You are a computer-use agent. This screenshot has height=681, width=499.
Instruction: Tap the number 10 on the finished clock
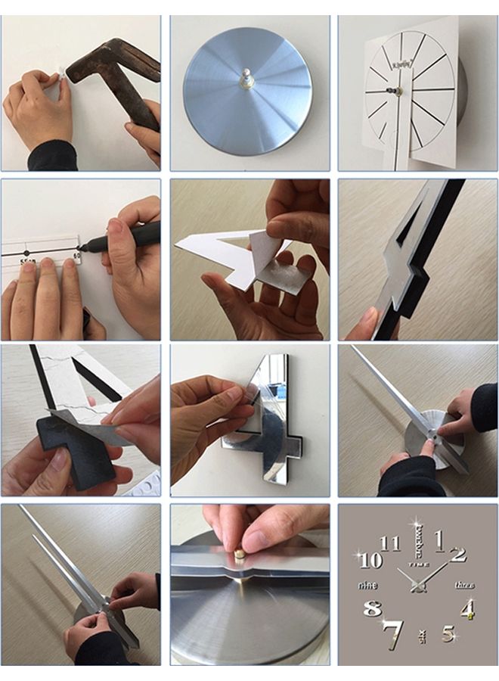click(370, 561)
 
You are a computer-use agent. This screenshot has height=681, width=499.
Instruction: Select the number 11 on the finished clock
click(390, 543)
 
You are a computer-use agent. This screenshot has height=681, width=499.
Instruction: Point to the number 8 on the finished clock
click(372, 608)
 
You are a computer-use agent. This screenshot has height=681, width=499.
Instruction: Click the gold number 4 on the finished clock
click(468, 608)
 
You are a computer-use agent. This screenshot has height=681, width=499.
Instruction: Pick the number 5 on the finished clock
click(448, 633)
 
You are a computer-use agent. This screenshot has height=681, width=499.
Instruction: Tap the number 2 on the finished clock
click(458, 555)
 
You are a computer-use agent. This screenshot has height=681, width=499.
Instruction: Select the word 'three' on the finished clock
click(464, 585)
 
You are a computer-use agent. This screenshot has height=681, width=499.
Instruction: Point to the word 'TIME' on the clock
click(418, 564)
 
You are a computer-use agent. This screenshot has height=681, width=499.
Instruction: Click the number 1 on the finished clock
click(439, 540)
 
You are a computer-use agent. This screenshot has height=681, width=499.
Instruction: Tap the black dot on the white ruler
click(27, 252)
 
